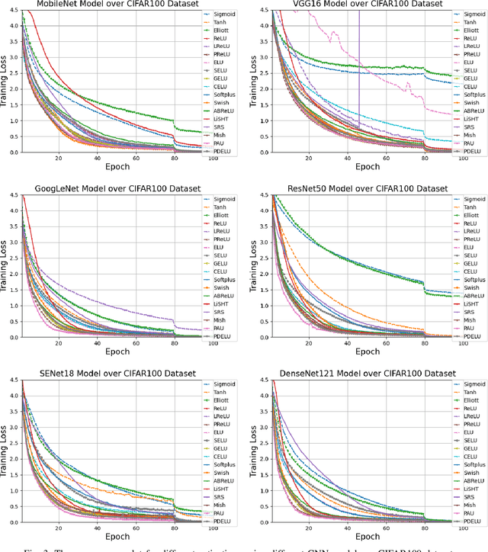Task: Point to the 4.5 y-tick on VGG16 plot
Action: [x=264, y=10]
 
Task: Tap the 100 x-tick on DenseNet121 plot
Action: [x=464, y=528]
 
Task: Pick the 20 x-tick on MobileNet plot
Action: [x=58, y=158]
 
